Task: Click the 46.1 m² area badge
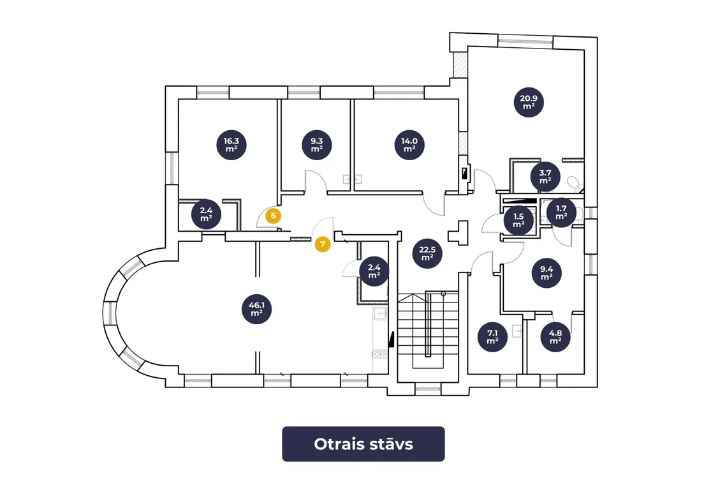pyautogui.click(x=256, y=309)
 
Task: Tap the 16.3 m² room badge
pyautogui.click(x=231, y=145)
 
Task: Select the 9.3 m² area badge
pyautogui.click(x=317, y=145)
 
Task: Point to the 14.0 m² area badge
pyautogui.click(x=409, y=145)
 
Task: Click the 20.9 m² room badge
pyautogui.click(x=529, y=102)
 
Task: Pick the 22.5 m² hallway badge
pyautogui.click(x=427, y=253)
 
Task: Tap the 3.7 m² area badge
pyautogui.click(x=545, y=176)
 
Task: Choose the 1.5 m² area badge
pyautogui.click(x=518, y=220)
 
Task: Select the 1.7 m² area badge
pyautogui.click(x=561, y=213)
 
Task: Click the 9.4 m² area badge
pyautogui.click(x=547, y=273)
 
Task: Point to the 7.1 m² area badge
pyautogui.click(x=492, y=337)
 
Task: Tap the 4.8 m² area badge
pyautogui.click(x=555, y=337)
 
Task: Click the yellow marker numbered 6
pyautogui.click(x=273, y=216)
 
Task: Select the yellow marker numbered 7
pyautogui.click(x=323, y=244)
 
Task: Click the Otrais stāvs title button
pyautogui.click(x=363, y=444)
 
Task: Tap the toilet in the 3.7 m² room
pyautogui.click(x=575, y=183)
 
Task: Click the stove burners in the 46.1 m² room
pyautogui.click(x=379, y=355)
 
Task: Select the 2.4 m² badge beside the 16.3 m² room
pyautogui.click(x=207, y=214)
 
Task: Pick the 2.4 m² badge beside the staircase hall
pyautogui.click(x=374, y=271)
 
